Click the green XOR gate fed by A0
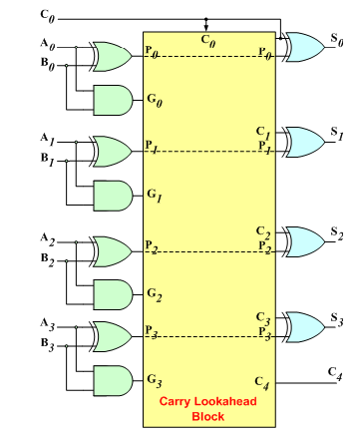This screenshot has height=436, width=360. point(111,56)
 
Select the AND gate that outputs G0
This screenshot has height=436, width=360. point(110,97)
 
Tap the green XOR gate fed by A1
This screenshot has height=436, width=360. point(111,151)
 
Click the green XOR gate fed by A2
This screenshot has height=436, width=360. point(111,245)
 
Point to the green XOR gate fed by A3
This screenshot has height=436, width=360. point(111,330)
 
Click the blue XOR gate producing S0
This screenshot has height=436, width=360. point(302,45)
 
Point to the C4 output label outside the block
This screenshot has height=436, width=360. point(335,373)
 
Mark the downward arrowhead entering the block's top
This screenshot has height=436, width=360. point(205,26)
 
